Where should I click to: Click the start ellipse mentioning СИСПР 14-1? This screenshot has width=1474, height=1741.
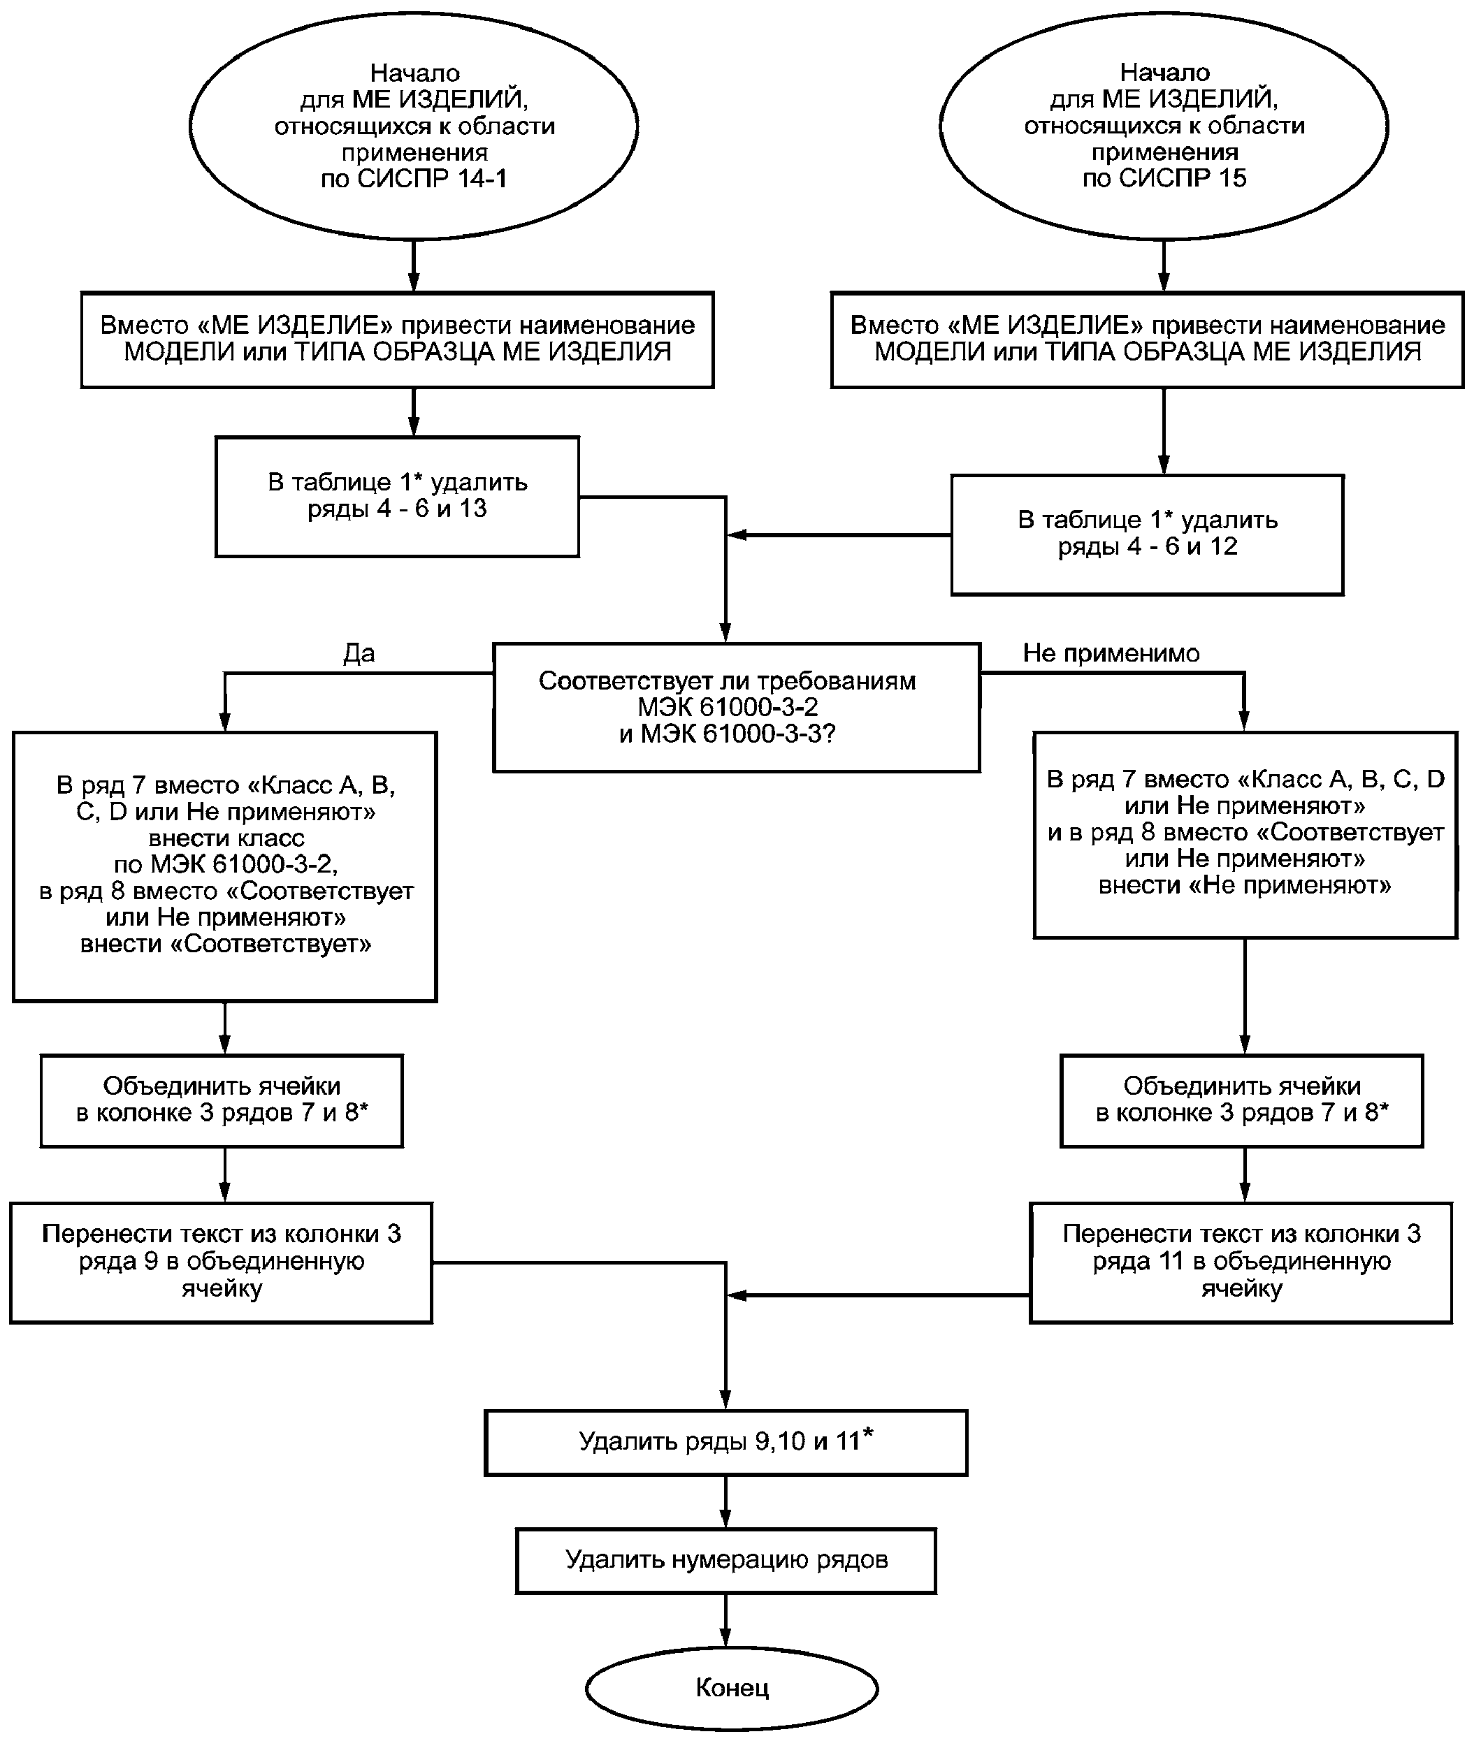[x=414, y=125]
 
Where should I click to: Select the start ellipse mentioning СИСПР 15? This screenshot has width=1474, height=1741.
[x=1164, y=125]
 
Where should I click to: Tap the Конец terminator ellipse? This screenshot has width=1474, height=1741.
[x=732, y=1687]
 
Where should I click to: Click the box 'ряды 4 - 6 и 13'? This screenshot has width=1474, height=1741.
[x=397, y=496]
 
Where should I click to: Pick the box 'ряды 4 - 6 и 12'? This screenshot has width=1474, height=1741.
[x=1148, y=534]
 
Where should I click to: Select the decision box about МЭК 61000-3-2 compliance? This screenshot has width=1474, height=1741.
[x=736, y=707]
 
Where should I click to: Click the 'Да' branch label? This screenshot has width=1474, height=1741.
[x=359, y=653]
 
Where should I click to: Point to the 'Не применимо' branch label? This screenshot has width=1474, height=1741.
[x=1111, y=653]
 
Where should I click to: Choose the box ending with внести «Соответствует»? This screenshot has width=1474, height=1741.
[x=225, y=866]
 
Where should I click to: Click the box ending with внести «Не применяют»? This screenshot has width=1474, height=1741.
[x=1245, y=835]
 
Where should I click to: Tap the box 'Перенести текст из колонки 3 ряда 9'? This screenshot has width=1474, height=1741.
[x=222, y=1262]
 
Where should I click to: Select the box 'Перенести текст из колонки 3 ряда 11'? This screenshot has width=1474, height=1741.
[x=1241, y=1262]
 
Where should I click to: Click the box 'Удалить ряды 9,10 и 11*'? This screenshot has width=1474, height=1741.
[x=726, y=1442]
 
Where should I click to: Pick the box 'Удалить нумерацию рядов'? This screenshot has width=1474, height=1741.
[x=726, y=1560]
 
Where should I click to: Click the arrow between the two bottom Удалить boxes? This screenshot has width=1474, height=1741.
[x=725, y=1502]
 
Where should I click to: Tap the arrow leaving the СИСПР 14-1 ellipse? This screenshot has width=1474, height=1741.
[x=413, y=265]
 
